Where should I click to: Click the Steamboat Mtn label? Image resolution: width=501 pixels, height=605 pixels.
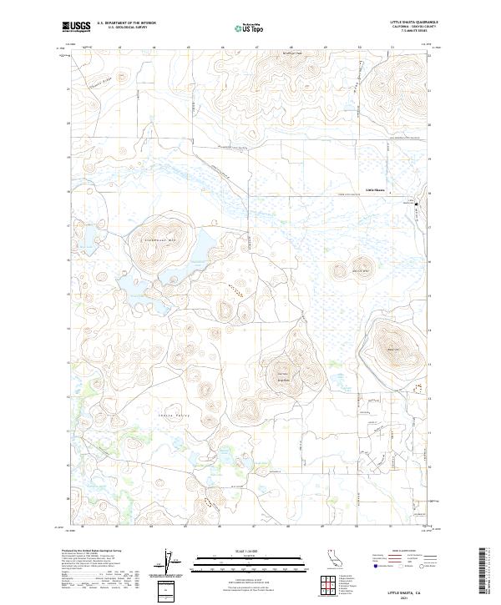coord(158,242)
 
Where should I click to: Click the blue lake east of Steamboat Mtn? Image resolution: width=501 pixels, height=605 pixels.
coord(200,247)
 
